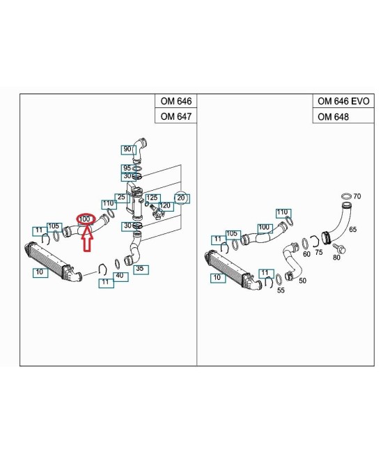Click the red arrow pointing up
87,238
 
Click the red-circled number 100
86,219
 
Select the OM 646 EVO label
343,101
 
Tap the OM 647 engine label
176,116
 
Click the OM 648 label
333,117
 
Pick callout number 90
127,149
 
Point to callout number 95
127,168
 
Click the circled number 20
181,198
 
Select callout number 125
152,198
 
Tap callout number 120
165,205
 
